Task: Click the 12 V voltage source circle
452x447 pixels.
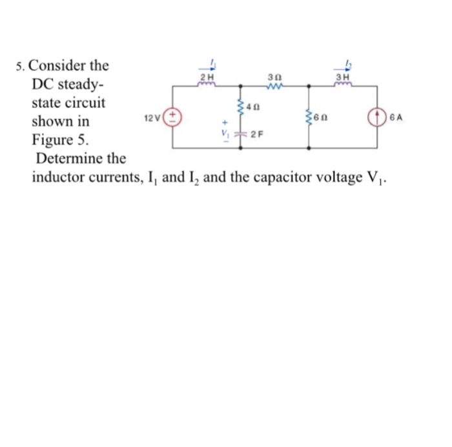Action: point(174,118)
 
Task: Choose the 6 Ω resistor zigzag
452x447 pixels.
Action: point(309,117)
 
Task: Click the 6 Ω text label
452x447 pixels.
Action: point(321,118)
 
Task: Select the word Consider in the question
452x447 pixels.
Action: point(59,66)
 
